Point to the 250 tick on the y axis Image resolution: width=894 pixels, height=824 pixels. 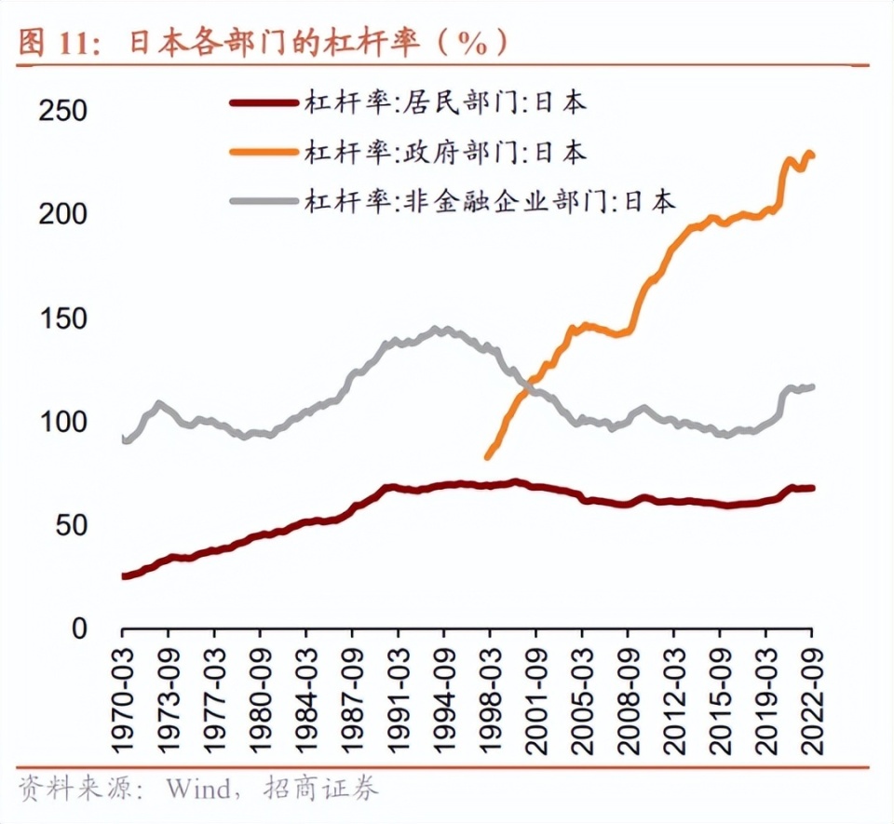[x=62, y=112]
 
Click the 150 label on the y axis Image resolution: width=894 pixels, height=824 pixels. [x=62, y=319]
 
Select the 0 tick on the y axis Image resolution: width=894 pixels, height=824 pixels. [x=78, y=629]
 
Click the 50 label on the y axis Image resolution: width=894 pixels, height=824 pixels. [x=71, y=526]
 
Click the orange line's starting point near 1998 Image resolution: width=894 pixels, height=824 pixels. [x=487, y=456]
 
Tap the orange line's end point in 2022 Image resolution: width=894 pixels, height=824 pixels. [x=812, y=155]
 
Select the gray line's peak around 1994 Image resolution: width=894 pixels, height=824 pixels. [x=440, y=330]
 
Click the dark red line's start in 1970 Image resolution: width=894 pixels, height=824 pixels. [x=124, y=576]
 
